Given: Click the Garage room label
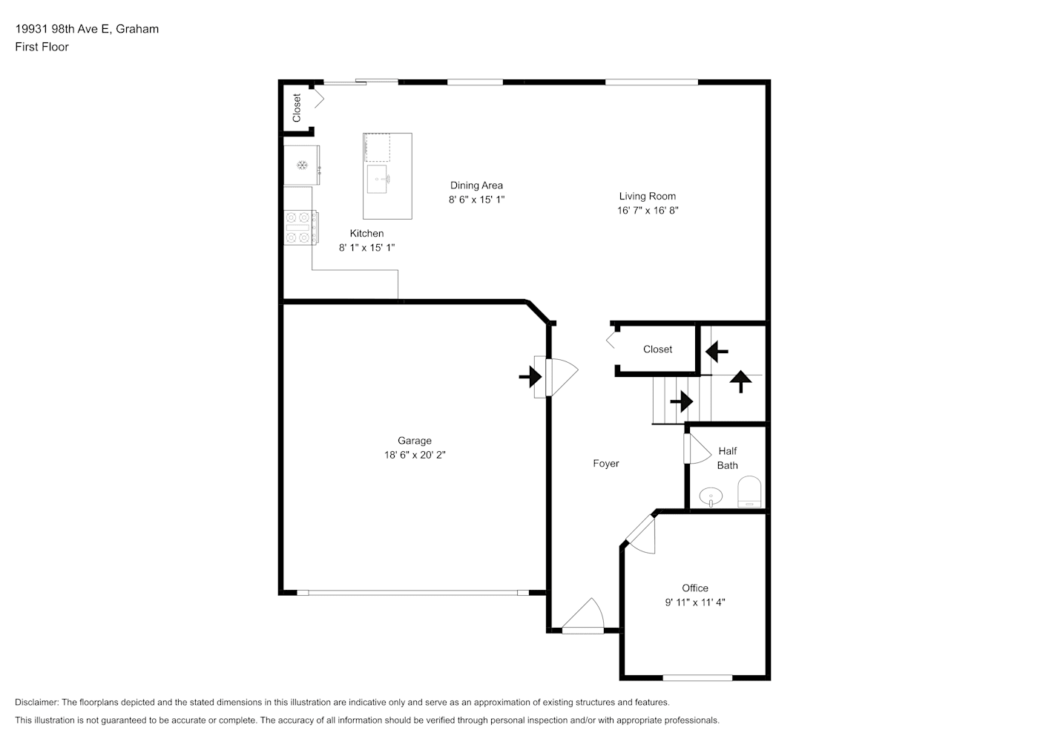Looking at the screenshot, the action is (x=415, y=441).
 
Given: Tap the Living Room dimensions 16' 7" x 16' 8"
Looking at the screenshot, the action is (x=648, y=210).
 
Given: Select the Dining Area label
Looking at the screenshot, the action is (x=476, y=185).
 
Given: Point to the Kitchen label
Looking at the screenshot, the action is (x=366, y=233).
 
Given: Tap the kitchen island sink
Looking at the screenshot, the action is (x=378, y=179).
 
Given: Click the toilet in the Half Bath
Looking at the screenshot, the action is (x=749, y=492).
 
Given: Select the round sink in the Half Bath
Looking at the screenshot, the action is (x=711, y=496).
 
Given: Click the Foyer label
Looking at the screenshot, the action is (x=606, y=464).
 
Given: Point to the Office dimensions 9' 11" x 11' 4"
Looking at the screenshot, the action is (x=695, y=603).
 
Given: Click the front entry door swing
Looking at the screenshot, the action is (x=584, y=616).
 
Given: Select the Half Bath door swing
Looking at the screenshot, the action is (x=697, y=449).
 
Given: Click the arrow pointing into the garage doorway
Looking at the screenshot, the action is (x=530, y=377).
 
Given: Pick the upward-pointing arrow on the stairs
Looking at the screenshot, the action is (x=741, y=381).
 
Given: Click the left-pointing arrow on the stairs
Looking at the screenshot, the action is (x=717, y=351).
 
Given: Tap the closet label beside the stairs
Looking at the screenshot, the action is (x=657, y=349).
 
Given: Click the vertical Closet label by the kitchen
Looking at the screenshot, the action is (x=297, y=108).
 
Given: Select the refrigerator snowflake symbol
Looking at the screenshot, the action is (x=303, y=165).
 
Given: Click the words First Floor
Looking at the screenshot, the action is (x=42, y=47).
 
